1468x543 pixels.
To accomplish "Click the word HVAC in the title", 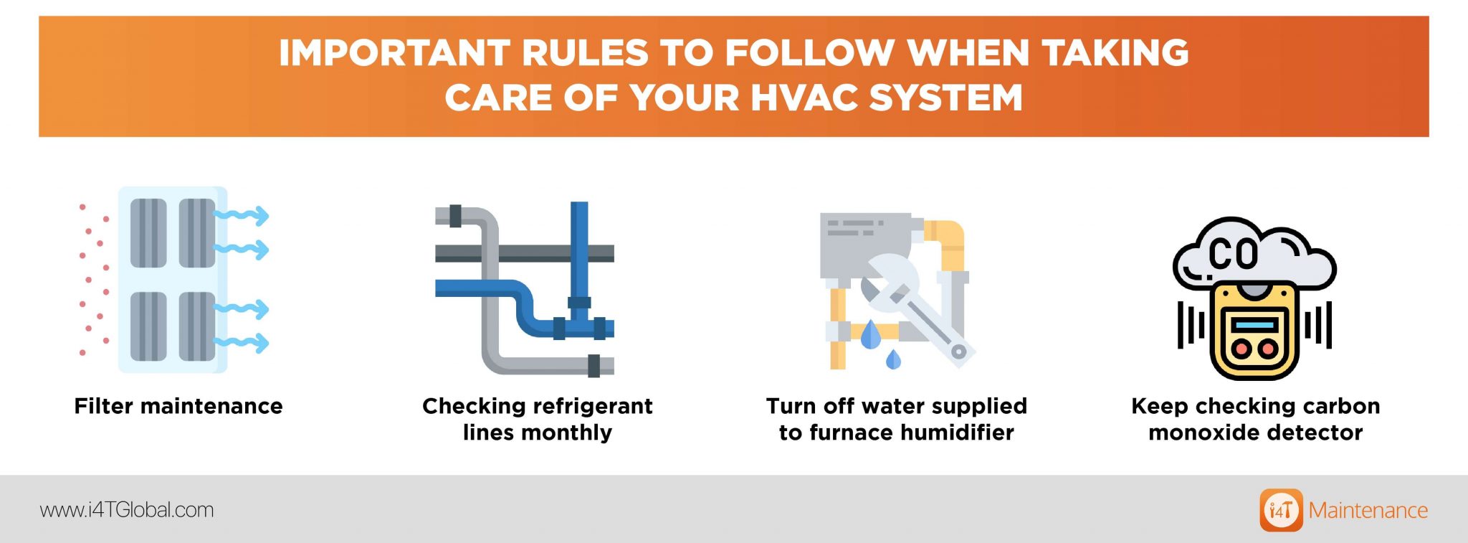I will (804, 98).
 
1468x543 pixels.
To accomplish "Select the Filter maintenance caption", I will (178, 407).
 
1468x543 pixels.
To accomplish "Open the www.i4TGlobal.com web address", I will (127, 510).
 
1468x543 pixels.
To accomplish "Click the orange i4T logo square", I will (1281, 510).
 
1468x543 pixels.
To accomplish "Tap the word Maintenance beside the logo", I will (1368, 510).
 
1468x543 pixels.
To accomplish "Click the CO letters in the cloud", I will (1233, 253).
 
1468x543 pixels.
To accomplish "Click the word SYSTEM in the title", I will (945, 98).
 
